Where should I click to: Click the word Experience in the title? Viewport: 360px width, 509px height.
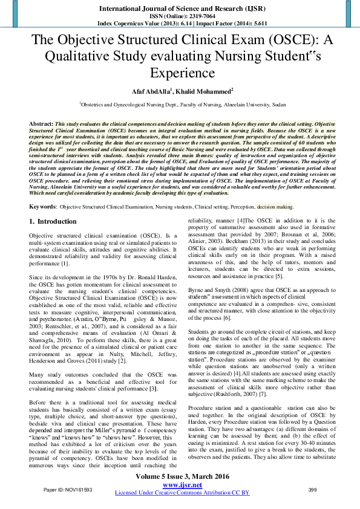point(180,73)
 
